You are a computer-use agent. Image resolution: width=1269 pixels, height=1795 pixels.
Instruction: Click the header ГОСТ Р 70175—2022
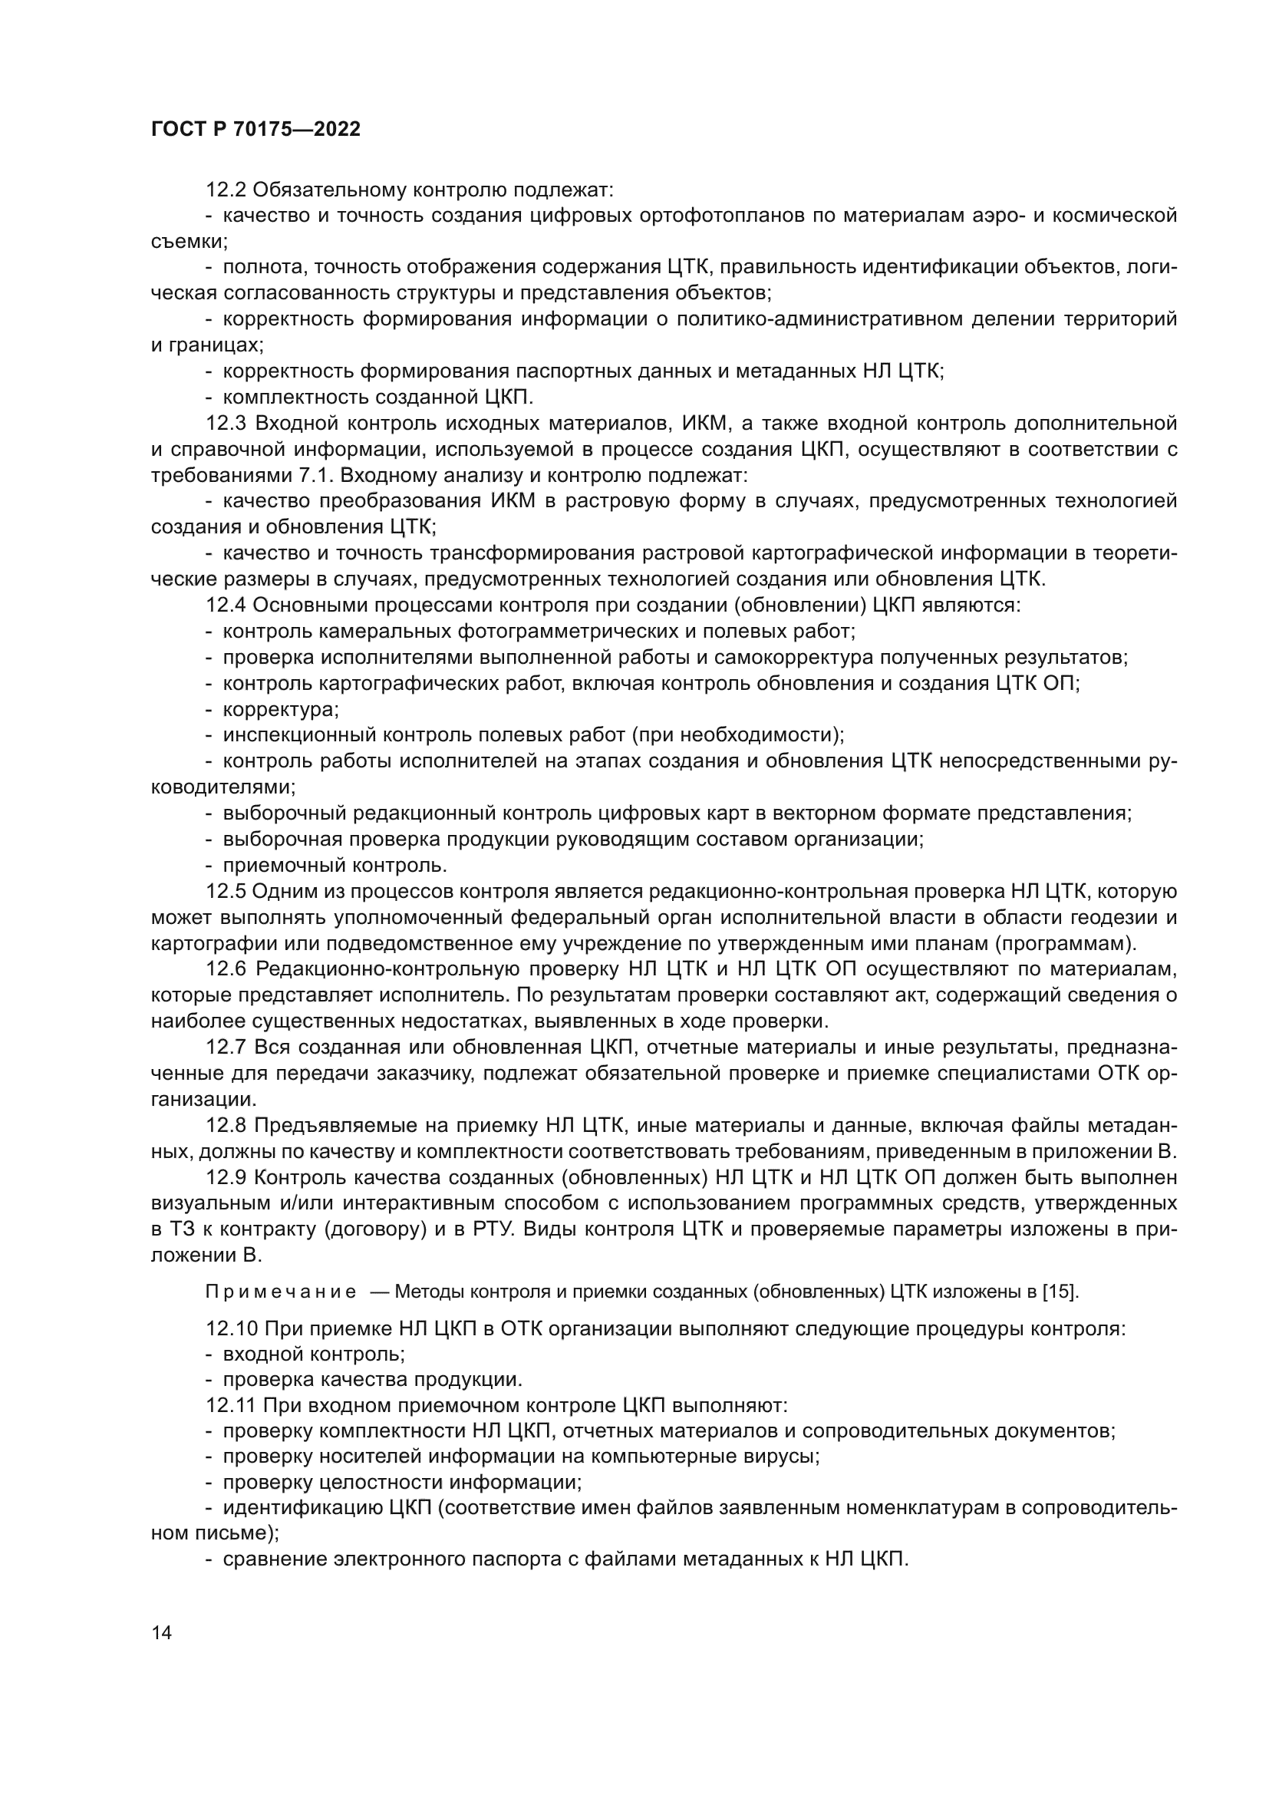click(255, 130)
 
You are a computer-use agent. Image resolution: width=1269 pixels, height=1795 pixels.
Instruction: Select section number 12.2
click(226, 190)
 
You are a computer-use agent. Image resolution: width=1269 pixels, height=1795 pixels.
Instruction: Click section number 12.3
click(226, 424)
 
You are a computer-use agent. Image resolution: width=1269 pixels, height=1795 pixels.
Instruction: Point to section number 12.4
click(226, 606)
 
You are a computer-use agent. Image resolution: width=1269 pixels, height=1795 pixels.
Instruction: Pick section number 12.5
click(226, 892)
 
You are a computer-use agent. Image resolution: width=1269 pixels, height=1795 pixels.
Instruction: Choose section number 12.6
click(226, 970)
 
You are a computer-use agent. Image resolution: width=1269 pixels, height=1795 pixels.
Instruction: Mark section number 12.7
click(226, 1048)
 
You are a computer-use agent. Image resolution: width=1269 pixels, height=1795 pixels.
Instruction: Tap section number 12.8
click(226, 1127)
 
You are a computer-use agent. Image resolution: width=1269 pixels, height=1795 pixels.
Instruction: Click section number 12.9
click(226, 1178)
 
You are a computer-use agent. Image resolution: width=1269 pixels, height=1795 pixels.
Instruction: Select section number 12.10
click(230, 1329)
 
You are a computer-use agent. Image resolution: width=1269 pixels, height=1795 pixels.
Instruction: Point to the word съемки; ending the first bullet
click(189, 242)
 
